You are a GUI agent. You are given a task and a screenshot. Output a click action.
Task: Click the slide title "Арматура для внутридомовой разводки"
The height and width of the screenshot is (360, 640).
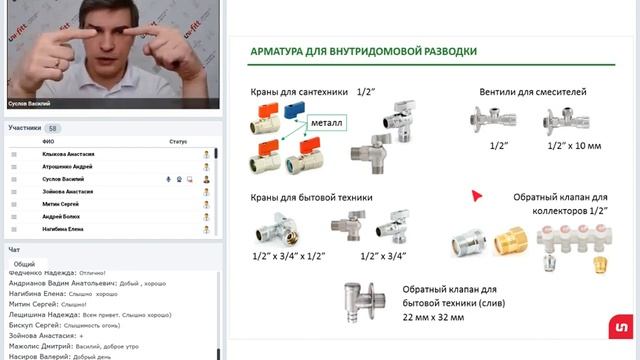coord(363,51)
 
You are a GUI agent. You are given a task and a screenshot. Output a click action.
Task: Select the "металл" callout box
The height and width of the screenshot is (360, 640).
coord(327,123)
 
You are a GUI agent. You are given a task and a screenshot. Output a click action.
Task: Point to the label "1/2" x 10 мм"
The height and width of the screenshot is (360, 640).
coord(575,146)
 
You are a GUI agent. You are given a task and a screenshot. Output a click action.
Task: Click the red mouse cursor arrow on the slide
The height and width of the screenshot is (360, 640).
coord(477,196)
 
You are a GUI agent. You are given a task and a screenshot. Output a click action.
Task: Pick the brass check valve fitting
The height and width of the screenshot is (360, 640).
coord(510,239)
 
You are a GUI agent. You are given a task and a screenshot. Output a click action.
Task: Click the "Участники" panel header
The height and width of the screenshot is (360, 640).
coord(25,128)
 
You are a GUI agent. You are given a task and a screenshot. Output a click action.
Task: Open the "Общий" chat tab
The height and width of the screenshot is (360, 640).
coord(24,264)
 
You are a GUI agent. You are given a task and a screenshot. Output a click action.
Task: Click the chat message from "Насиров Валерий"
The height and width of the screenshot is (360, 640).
coord(60,355)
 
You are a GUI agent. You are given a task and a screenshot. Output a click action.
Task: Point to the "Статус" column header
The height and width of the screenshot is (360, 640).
coord(178,142)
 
